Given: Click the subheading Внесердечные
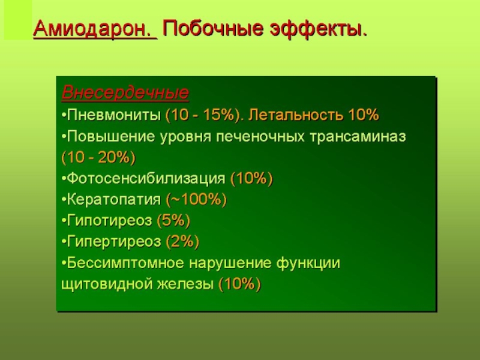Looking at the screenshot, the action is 125,92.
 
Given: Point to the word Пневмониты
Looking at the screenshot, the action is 113,115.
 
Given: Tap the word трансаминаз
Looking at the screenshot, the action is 358,137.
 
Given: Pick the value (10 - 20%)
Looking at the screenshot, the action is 98,158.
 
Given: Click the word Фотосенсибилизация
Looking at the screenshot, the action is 146,178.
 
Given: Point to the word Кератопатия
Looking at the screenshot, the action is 113,200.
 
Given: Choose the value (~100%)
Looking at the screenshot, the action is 196,200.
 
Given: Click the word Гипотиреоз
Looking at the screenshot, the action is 109,220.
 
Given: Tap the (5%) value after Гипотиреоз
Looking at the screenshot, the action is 173,220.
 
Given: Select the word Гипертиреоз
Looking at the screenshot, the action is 113,242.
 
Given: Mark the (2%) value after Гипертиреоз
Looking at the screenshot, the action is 182,242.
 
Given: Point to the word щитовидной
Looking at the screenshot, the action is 107,284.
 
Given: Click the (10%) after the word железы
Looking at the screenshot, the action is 239,284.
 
